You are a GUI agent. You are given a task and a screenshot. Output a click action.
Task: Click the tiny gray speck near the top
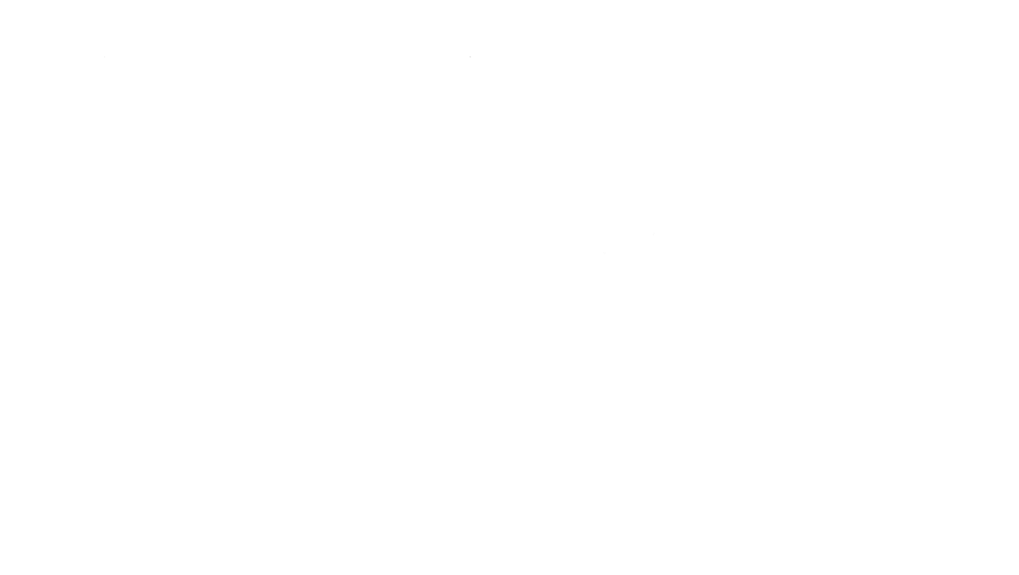click(469, 57)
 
